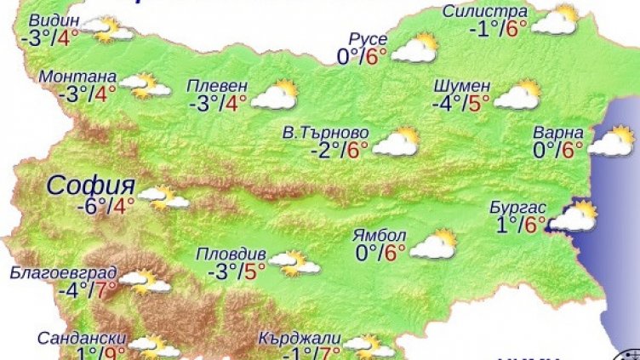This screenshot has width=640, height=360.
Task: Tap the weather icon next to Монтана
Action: (x=144, y=84)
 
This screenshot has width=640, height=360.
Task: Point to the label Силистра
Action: (x=485, y=12)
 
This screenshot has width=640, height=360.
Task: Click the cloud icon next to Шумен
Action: (x=517, y=94)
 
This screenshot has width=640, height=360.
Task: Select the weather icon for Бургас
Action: (x=572, y=217)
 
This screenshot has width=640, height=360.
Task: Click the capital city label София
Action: (x=91, y=185)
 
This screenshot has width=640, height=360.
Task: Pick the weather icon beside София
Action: (x=164, y=198)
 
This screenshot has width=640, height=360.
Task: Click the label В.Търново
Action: (x=326, y=134)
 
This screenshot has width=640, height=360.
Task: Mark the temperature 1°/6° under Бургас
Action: (x=521, y=225)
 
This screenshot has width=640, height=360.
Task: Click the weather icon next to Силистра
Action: (x=554, y=20)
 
